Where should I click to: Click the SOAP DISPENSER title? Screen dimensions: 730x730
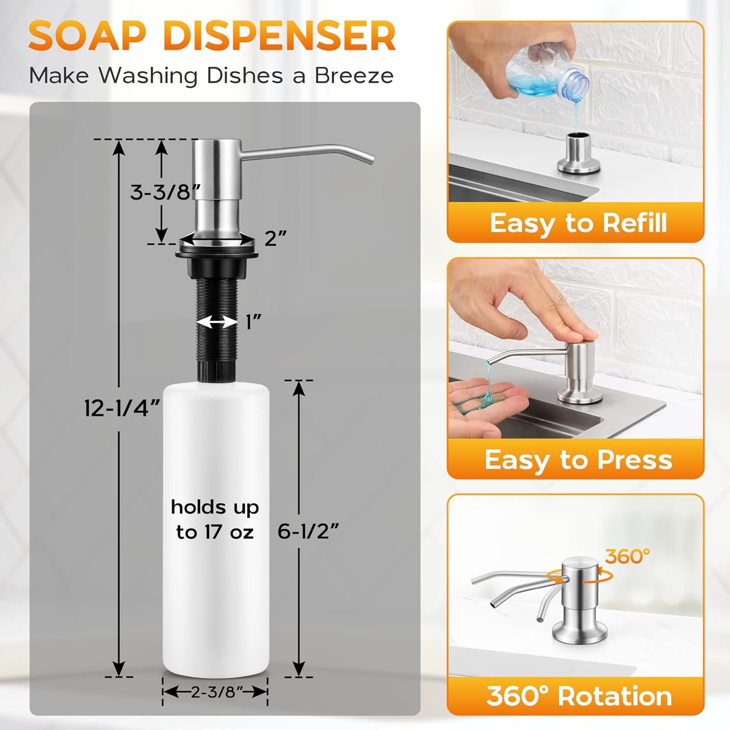(212, 36)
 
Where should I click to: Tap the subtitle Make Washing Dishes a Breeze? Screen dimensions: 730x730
(212, 76)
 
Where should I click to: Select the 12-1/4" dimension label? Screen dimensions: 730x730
(122, 407)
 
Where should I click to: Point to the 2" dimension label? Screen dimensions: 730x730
(275, 238)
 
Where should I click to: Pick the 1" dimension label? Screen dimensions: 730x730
(254, 322)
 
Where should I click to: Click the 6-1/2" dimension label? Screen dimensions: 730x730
(308, 531)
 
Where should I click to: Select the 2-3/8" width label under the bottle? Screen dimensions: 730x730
(215, 692)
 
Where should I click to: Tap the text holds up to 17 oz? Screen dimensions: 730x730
(215, 520)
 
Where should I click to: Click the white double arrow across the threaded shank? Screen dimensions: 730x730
(217, 322)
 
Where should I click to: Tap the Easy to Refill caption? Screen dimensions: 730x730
(578, 223)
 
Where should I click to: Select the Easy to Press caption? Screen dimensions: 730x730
(578, 459)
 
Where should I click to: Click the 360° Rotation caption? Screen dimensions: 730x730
(579, 695)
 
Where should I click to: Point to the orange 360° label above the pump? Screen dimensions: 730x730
(627, 556)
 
